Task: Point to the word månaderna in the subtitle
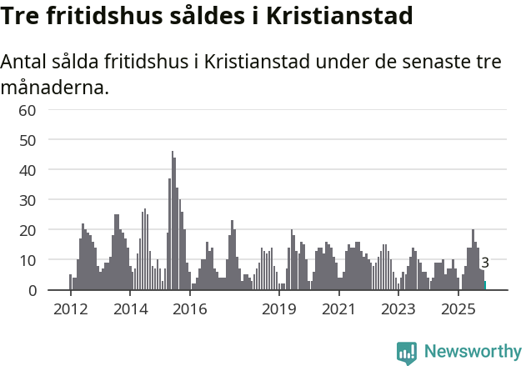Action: click(54, 87)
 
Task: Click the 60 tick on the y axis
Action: click(28, 110)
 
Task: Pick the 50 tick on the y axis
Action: click(28, 140)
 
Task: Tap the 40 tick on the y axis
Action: click(28, 170)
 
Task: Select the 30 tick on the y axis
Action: click(28, 200)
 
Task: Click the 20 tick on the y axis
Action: click(28, 230)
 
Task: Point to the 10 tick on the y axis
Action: click(28, 260)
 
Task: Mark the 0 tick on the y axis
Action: click(32, 290)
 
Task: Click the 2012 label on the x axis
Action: click(70, 309)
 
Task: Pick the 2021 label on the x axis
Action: click(338, 309)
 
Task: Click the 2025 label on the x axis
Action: click(458, 309)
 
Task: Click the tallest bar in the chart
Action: click(173, 221)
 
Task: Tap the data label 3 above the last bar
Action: click(485, 263)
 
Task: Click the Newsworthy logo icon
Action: click(407, 353)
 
